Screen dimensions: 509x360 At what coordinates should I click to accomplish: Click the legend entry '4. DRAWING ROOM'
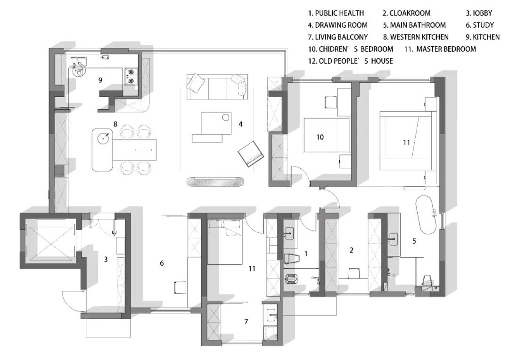[x=337, y=25]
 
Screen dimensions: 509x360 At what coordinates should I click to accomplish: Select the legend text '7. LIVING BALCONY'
[x=337, y=37]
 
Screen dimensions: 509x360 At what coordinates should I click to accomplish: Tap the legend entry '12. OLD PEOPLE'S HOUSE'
[x=350, y=61]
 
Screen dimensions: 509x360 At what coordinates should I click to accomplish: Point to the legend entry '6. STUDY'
[x=479, y=25]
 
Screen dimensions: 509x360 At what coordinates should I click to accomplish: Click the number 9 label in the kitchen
[x=100, y=80]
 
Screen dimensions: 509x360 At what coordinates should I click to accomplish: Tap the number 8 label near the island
[x=115, y=124]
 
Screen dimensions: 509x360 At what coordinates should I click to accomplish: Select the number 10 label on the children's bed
[x=320, y=137]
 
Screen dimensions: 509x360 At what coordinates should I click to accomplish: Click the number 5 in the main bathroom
[x=414, y=241]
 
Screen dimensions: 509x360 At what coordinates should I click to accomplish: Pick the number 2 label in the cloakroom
[x=351, y=250]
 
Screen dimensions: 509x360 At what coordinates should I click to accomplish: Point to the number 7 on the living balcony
[x=246, y=322]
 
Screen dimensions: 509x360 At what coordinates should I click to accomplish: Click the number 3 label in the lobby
[x=106, y=259]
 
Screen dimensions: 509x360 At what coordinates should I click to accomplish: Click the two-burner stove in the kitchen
[x=131, y=77]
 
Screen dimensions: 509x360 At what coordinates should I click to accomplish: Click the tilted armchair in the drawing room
[x=250, y=154]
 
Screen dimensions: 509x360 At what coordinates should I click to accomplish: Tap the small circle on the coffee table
[x=226, y=117]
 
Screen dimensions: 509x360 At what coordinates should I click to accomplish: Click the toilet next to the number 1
[x=291, y=258]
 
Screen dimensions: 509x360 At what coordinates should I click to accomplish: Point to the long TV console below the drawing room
[x=215, y=182]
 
